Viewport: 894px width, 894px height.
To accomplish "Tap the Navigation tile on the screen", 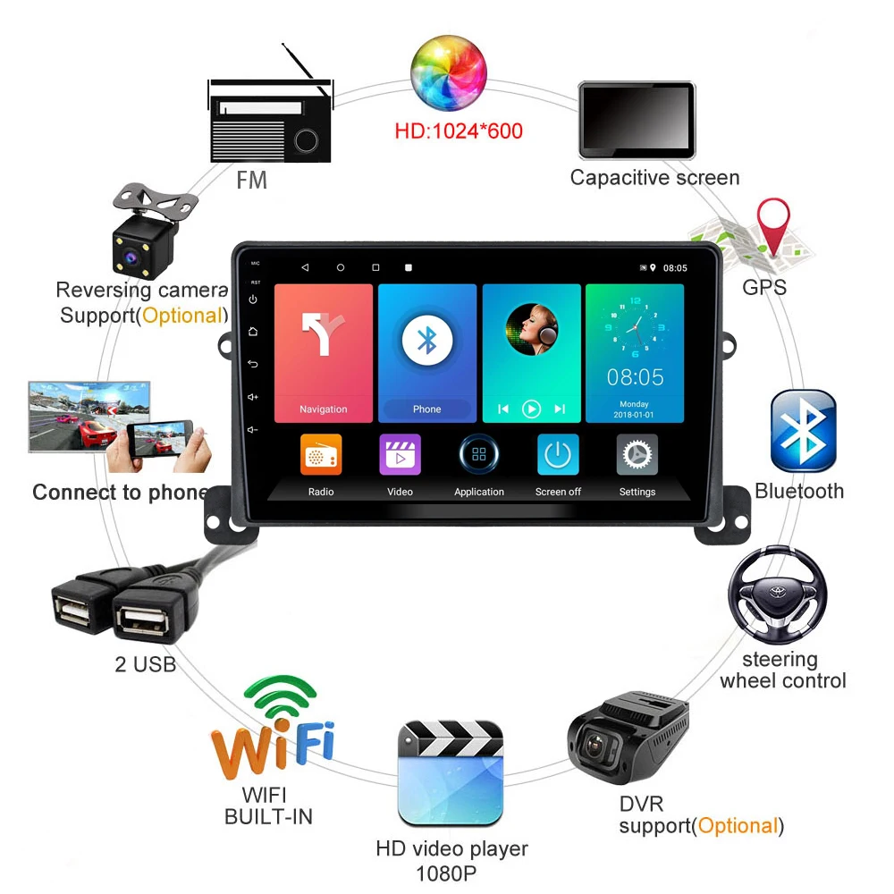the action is click(323, 352).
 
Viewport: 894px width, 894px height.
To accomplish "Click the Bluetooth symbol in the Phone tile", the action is click(427, 340).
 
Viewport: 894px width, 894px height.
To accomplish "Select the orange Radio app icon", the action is click(321, 455).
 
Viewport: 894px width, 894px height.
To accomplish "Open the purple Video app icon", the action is click(400, 455).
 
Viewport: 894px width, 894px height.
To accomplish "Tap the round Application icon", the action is click(479, 454).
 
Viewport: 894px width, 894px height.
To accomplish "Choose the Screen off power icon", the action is click(558, 455).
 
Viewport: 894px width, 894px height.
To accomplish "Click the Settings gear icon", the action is click(637, 455).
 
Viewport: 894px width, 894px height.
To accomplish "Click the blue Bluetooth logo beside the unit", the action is click(803, 431).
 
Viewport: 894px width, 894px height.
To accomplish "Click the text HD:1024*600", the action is click(458, 131).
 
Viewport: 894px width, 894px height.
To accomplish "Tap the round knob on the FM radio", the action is click(307, 139).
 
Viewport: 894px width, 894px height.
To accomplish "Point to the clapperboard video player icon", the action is click(451, 773).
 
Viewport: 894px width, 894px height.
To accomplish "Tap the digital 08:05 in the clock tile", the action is click(635, 376).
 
